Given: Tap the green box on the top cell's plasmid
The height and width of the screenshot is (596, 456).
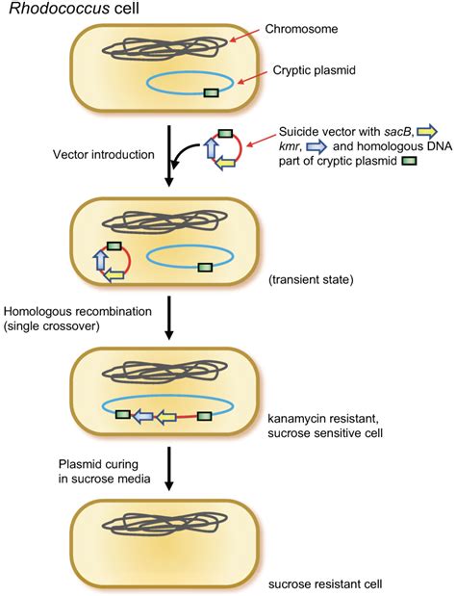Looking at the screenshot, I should click(212, 92).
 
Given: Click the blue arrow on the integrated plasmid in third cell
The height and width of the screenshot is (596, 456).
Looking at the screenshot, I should click(142, 416).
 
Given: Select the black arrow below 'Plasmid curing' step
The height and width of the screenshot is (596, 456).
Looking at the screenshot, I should click(170, 467).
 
